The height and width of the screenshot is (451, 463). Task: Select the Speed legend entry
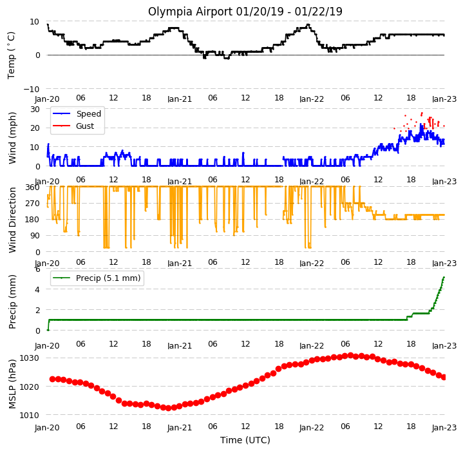(77, 113)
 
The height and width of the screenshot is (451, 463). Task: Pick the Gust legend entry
(73, 126)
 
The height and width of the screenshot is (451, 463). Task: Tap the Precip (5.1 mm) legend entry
(96, 278)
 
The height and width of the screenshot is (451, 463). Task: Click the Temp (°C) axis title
(11, 55)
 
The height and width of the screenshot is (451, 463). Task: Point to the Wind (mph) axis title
(12, 138)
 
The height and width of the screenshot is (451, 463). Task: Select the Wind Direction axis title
(12, 220)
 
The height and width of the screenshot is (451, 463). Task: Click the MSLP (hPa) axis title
(12, 384)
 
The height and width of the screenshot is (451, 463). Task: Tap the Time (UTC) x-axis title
(245, 440)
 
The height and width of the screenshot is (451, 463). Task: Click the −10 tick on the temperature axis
(31, 89)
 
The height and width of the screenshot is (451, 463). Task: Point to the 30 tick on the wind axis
(35, 110)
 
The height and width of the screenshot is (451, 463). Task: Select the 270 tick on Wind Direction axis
(33, 203)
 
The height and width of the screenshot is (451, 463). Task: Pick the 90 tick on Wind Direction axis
(35, 236)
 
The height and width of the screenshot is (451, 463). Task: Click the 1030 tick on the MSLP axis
(29, 358)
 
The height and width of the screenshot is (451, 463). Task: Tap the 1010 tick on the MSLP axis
(29, 416)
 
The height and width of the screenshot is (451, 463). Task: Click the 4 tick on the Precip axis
(37, 289)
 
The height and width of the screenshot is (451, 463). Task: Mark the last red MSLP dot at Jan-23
(444, 377)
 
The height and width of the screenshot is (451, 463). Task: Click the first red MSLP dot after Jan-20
(53, 379)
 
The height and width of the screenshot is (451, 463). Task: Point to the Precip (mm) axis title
(12, 302)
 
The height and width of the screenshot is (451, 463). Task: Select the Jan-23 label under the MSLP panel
(444, 427)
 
